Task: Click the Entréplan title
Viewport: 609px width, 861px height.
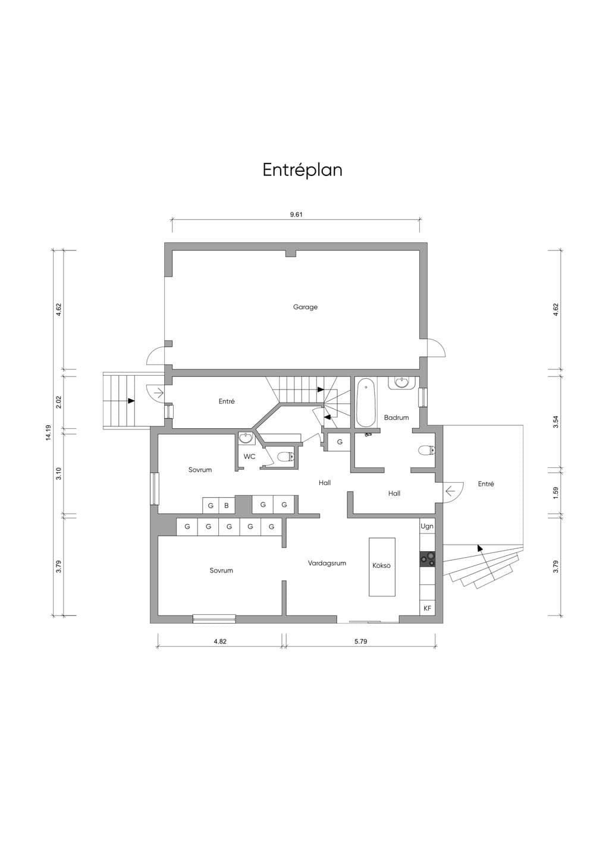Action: pyautogui.click(x=303, y=170)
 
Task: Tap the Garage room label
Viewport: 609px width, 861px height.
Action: pyautogui.click(x=305, y=307)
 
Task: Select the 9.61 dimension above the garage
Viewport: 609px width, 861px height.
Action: pyautogui.click(x=296, y=215)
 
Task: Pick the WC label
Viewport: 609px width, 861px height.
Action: pyautogui.click(x=250, y=457)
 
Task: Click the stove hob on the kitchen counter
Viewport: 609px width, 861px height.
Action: pyautogui.click(x=428, y=559)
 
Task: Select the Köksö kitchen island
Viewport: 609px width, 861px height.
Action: pyautogui.click(x=382, y=567)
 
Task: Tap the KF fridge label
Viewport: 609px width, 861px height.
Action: pyautogui.click(x=427, y=608)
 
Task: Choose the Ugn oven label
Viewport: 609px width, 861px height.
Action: pyautogui.click(x=427, y=526)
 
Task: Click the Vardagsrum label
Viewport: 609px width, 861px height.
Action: pyautogui.click(x=327, y=563)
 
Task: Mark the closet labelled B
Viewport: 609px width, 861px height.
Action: pyautogui.click(x=227, y=505)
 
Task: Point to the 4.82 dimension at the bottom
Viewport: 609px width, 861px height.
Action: pyautogui.click(x=220, y=641)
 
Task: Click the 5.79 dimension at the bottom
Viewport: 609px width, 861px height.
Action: pyautogui.click(x=361, y=641)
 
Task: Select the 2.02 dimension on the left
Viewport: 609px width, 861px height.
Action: pyautogui.click(x=59, y=402)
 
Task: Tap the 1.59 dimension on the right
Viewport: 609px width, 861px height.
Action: pyautogui.click(x=555, y=494)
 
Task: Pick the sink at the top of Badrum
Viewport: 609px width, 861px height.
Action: pyautogui.click(x=402, y=383)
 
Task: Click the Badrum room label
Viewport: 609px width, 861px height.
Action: pyautogui.click(x=397, y=417)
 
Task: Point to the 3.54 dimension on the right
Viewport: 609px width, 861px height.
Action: pyautogui.click(x=555, y=422)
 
